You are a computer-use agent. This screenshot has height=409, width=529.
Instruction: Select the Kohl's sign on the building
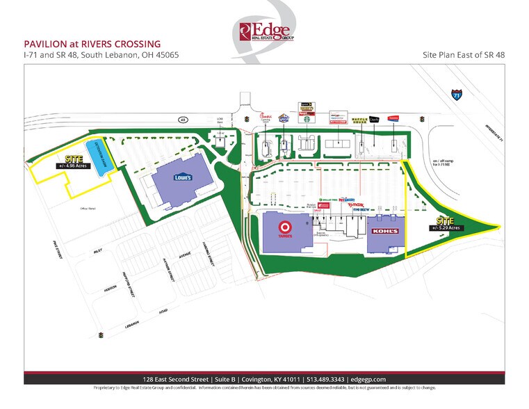pyautogui.click(x=384, y=230)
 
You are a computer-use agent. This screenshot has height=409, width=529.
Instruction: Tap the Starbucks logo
pyautogui.click(x=304, y=118)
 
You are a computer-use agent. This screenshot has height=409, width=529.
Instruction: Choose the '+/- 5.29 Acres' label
pyautogui.click(x=446, y=227)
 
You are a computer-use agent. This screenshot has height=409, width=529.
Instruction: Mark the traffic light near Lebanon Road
pyautogui.click(x=102, y=335)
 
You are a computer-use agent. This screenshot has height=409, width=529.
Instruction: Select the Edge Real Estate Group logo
pyautogui.click(x=266, y=31)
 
